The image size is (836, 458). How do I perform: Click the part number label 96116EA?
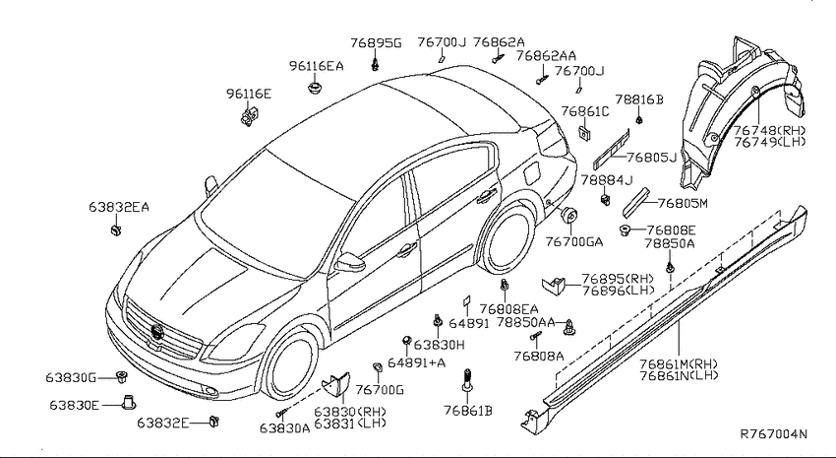pos(316,66)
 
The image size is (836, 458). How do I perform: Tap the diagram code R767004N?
pos(774,434)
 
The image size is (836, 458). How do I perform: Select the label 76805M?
pos(683,203)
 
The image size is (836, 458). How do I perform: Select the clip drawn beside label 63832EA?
pos(116,230)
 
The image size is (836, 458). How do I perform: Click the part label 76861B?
pos(467,411)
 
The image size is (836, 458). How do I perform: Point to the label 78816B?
pos(639,99)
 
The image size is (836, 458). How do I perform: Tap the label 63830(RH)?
pos(350,412)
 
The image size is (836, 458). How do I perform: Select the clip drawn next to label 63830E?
pos(129,403)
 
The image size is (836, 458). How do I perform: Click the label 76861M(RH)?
pos(679,364)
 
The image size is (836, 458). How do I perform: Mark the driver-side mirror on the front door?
pos(350,262)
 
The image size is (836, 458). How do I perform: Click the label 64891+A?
pos(416,363)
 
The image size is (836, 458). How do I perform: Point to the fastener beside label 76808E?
pos(625,230)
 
